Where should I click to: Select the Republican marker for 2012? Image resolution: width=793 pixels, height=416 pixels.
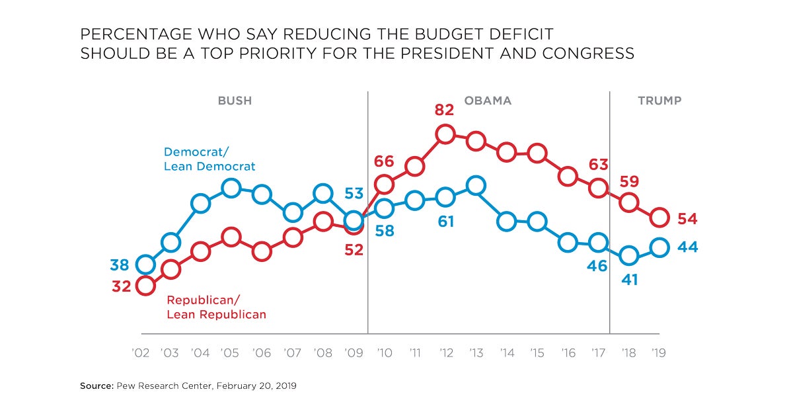click(x=445, y=135)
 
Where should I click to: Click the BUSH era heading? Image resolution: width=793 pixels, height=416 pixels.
click(x=235, y=101)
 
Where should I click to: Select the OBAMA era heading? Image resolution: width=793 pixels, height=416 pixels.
click(x=488, y=101)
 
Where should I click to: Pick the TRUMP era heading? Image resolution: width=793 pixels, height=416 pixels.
click(x=659, y=101)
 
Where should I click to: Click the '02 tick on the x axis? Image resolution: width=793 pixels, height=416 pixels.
click(x=141, y=353)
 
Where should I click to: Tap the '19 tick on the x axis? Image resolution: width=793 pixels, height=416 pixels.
click(x=658, y=353)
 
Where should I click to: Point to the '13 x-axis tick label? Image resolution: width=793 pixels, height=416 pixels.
click(x=476, y=353)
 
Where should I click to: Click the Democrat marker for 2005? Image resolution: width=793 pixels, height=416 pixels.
click(x=231, y=188)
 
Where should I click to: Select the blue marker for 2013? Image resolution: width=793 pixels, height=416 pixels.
click(x=476, y=186)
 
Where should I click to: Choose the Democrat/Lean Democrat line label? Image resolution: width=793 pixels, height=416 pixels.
click(x=209, y=159)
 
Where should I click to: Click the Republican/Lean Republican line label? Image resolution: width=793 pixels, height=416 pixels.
click(x=216, y=307)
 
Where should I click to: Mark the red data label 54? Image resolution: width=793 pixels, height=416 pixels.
click(x=687, y=218)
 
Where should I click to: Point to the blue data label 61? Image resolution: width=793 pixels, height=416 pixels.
click(x=446, y=222)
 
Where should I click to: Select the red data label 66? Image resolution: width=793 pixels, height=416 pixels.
click(x=383, y=161)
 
